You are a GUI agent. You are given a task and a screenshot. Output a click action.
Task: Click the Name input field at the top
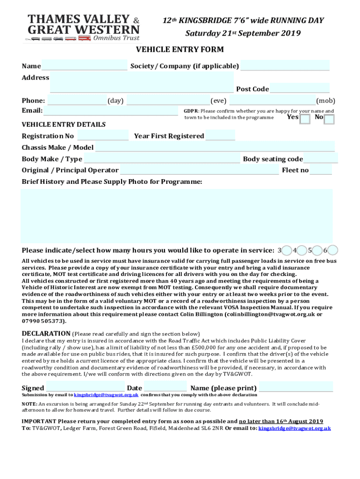point(84,65)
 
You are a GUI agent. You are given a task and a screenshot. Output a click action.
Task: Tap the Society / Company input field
point(285,65)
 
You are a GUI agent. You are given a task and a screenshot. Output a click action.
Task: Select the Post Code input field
point(300,88)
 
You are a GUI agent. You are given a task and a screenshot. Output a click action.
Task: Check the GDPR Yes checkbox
point(304,119)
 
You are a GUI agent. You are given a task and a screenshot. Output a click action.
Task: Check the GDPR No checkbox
point(329,119)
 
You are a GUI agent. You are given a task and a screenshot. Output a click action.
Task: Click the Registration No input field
point(103,136)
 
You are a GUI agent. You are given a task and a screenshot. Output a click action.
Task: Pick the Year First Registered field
point(220,136)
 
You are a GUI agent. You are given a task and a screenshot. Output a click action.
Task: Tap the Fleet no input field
point(321,170)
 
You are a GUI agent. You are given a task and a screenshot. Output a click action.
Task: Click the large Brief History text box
point(177,216)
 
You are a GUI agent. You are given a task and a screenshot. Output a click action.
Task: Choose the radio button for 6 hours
point(333,250)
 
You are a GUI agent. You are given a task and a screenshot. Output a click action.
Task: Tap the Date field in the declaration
point(165,387)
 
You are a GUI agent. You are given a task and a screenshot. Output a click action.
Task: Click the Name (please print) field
point(296,387)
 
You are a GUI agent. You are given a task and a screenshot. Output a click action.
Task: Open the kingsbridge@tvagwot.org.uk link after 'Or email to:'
point(295,428)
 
